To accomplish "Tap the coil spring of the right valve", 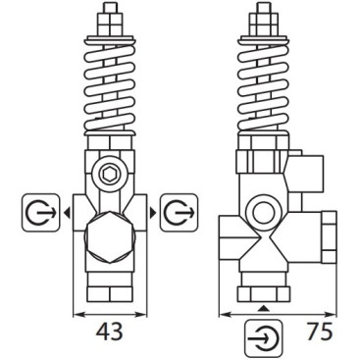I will click(x=263, y=93).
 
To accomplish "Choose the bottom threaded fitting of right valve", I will click(x=264, y=290).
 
